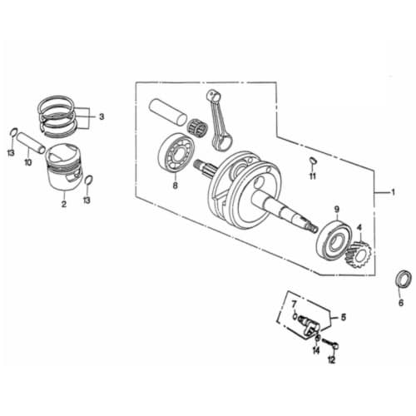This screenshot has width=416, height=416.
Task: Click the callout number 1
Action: tap(385, 192)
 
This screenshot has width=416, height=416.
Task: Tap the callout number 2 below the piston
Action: tap(63, 201)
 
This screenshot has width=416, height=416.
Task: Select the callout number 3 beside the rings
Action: tap(102, 116)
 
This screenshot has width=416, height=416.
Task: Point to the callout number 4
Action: tap(359, 226)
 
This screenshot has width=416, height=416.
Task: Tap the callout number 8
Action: tap(175, 186)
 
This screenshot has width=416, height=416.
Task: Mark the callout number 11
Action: tap(313, 176)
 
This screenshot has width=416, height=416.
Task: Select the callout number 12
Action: tap(331, 359)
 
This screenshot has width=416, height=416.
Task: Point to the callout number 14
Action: tap(315, 350)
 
